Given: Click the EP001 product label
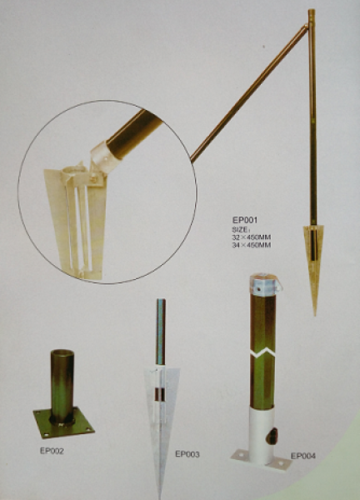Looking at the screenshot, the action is (x=244, y=220).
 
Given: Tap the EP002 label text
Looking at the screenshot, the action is (x=52, y=451).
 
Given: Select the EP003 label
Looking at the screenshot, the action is (x=187, y=454).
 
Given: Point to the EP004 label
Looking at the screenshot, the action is (x=303, y=456).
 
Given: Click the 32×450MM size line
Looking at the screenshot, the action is (x=252, y=237).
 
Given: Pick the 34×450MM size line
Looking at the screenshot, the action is (x=252, y=245).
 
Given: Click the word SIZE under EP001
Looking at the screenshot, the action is (x=240, y=229).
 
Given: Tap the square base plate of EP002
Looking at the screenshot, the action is (x=64, y=422).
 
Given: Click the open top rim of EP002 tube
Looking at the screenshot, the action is (x=62, y=352).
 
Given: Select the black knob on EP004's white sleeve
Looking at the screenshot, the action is (x=272, y=437).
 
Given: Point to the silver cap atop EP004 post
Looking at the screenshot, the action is (x=264, y=284).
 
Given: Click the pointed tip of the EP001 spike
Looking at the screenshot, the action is (x=315, y=315).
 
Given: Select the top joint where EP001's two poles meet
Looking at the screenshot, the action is (x=309, y=26).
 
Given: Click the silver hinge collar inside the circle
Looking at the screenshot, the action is (x=105, y=157).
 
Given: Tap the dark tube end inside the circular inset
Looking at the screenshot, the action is (x=134, y=133).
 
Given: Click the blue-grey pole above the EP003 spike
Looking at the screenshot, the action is (x=161, y=332).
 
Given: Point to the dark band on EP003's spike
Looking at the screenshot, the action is (x=160, y=394).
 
